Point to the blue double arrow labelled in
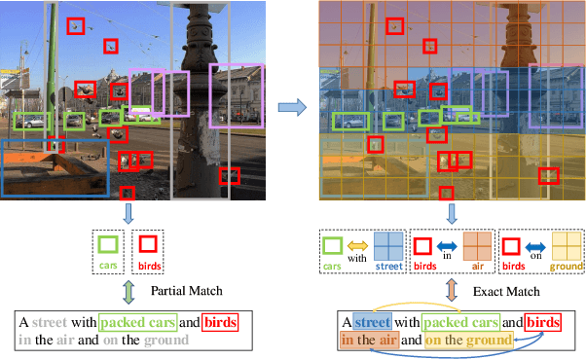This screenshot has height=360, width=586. tap(449, 246)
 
